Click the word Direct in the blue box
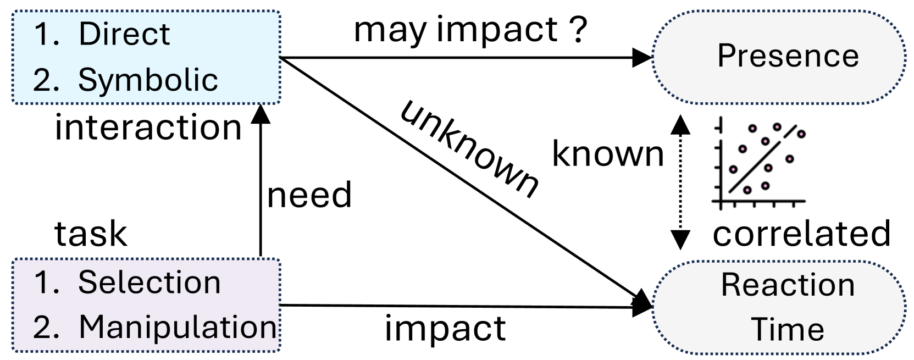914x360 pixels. coord(124,34)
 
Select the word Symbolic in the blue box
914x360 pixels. coord(148,80)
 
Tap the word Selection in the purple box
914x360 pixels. coord(149,283)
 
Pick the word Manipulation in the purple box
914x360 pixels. coord(178,327)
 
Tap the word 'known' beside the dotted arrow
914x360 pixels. coord(608,154)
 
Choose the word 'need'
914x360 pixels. coord(309,195)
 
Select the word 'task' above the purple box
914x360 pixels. coord(91,234)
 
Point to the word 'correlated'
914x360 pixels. coord(801,234)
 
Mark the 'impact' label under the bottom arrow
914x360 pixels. coord(445,329)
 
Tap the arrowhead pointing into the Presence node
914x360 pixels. coord(642,57)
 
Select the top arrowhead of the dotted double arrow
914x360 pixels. coord(680,125)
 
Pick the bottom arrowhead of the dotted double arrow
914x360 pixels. coord(680,240)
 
